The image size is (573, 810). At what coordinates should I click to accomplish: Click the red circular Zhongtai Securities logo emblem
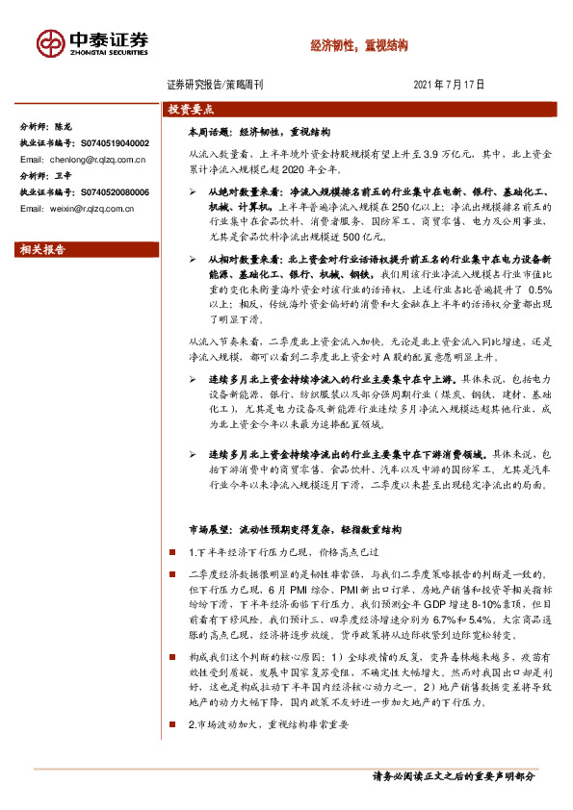point(48,43)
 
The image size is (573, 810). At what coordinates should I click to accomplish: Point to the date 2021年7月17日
point(449,85)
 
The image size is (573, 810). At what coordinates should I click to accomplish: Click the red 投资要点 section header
point(192,110)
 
